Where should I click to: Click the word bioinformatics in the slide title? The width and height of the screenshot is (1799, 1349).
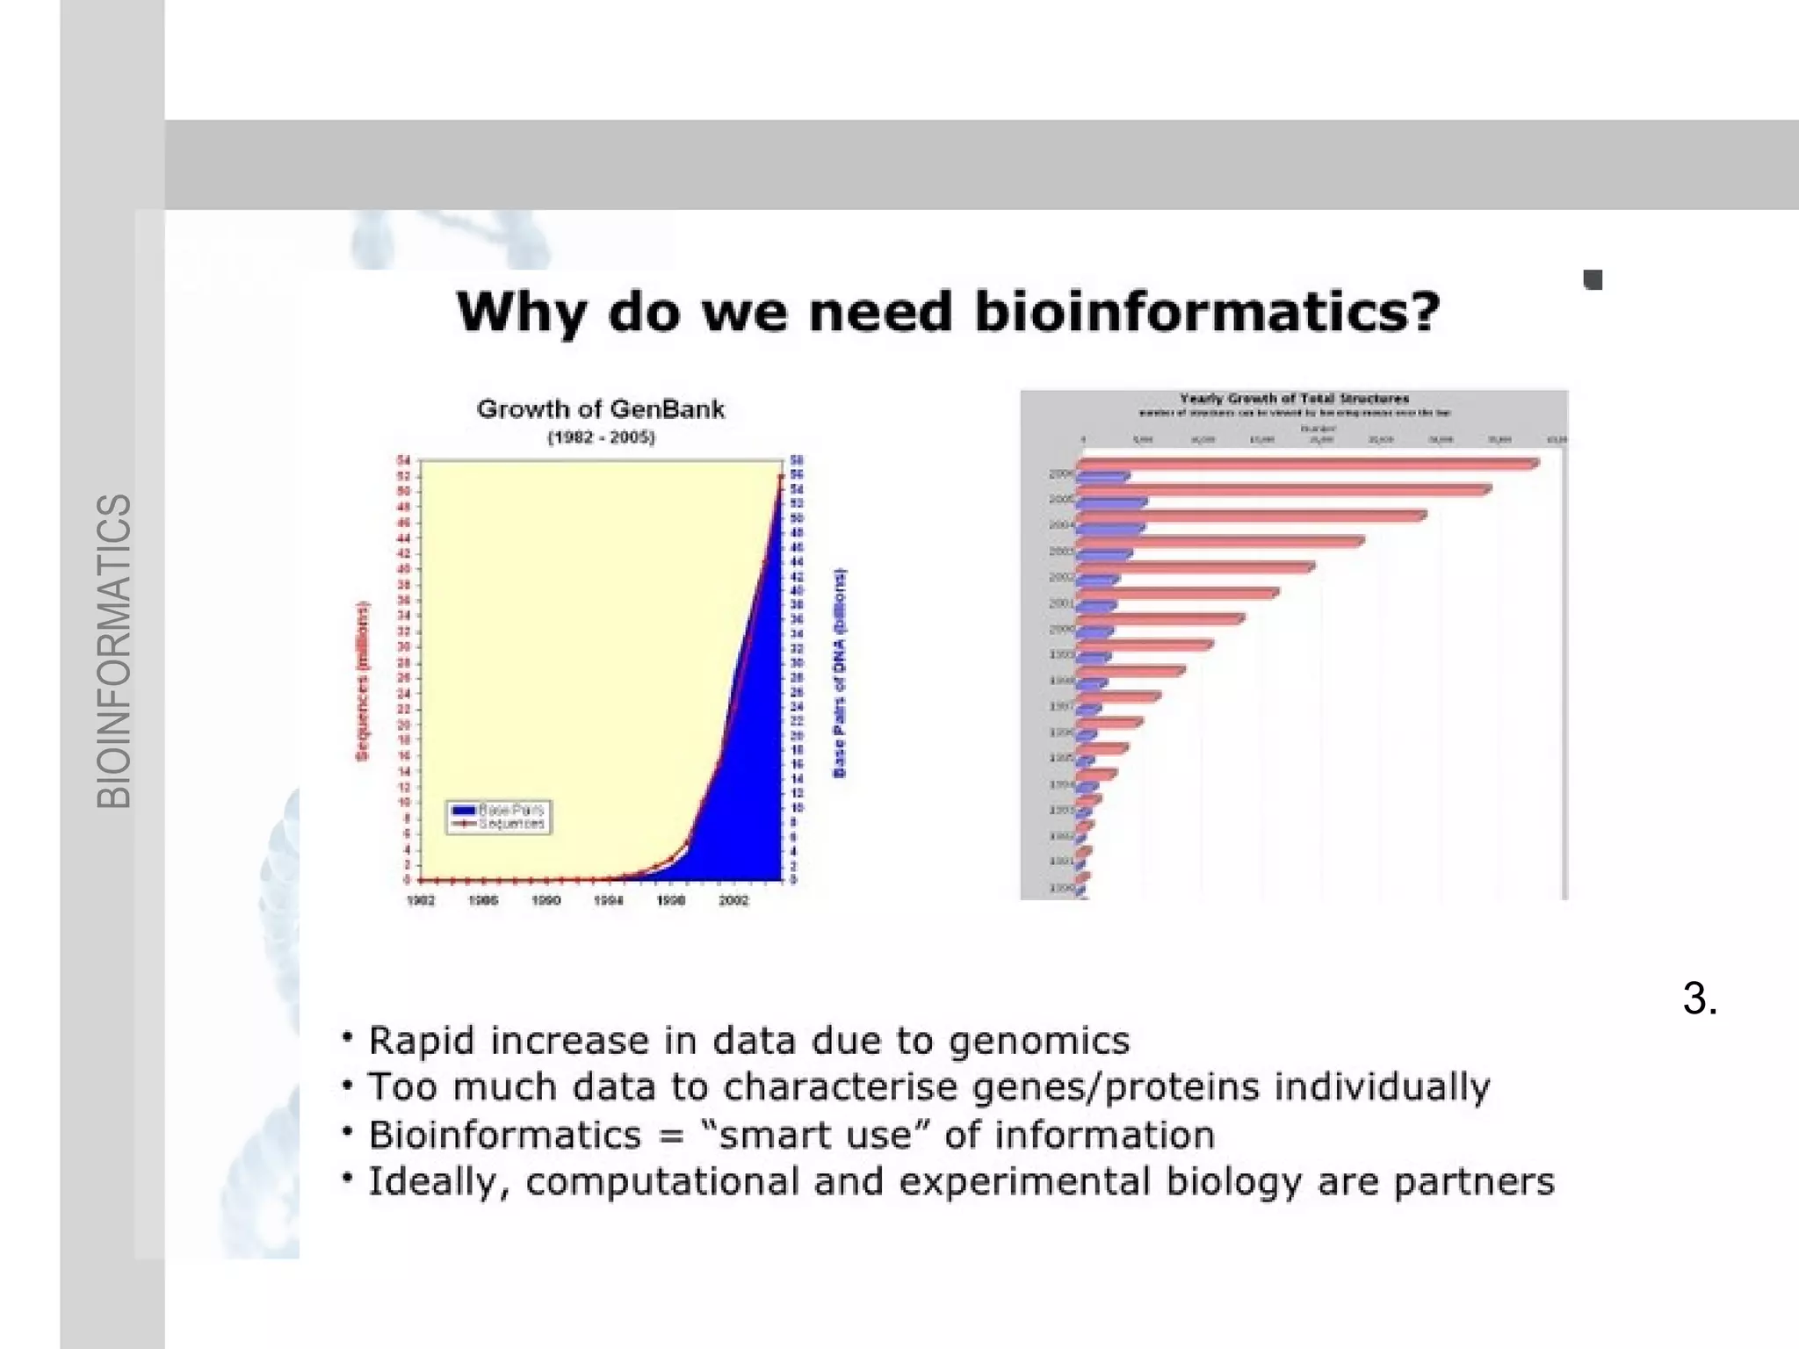tap(1207, 312)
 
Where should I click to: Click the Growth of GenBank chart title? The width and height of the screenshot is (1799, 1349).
tap(601, 409)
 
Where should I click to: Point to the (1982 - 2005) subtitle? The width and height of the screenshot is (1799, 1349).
tap(601, 437)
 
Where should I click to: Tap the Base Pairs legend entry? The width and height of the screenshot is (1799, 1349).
tap(510, 809)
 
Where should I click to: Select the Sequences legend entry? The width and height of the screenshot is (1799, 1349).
tap(510, 824)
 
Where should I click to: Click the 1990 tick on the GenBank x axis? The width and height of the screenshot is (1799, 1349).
tap(545, 901)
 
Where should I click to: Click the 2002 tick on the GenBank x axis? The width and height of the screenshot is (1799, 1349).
tap(733, 901)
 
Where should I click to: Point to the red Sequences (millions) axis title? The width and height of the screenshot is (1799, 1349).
tap(363, 681)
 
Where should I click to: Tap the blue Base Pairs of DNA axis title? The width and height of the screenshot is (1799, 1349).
tap(840, 673)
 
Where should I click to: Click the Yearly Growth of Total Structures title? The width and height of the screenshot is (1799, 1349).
tap(1294, 399)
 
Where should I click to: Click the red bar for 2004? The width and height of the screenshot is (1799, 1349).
tap(1251, 516)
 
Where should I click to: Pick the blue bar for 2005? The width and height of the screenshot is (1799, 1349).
tap(1112, 502)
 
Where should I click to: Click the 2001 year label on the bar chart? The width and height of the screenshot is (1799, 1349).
tap(1061, 603)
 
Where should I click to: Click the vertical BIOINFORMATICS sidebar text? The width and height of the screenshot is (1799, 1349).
tap(114, 651)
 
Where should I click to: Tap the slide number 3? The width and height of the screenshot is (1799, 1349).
tap(1699, 999)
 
